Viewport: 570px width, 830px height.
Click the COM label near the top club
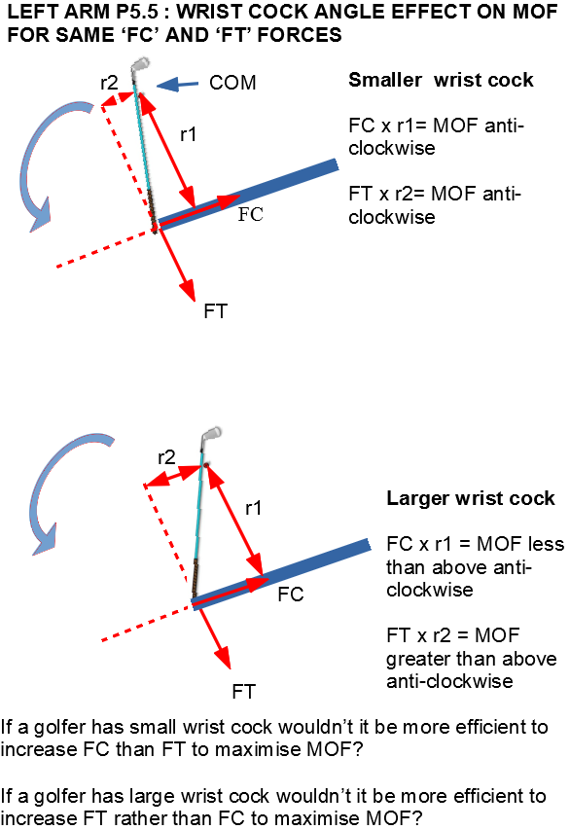(232, 83)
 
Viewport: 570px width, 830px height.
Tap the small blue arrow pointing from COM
(177, 84)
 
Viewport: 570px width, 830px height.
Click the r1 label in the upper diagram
(188, 134)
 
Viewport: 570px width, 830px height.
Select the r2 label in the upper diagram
(109, 83)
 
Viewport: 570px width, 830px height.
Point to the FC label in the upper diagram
(250, 214)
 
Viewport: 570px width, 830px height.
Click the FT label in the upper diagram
(215, 311)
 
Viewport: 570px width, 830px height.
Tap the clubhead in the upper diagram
(140, 64)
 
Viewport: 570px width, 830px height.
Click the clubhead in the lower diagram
(211, 434)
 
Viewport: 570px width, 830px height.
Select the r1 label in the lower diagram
(254, 509)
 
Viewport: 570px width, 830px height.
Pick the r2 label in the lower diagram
(166, 457)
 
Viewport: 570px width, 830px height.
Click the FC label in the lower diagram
(291, 595)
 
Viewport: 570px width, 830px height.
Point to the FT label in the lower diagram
(243, 691)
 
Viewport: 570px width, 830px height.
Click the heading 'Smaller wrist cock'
(441, 80)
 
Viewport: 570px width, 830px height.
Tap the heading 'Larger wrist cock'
(471, 498)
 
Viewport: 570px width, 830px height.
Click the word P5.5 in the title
(137, 12)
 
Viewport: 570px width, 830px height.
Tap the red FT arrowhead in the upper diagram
(188, 290)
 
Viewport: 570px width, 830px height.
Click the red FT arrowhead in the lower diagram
(224, 658)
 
